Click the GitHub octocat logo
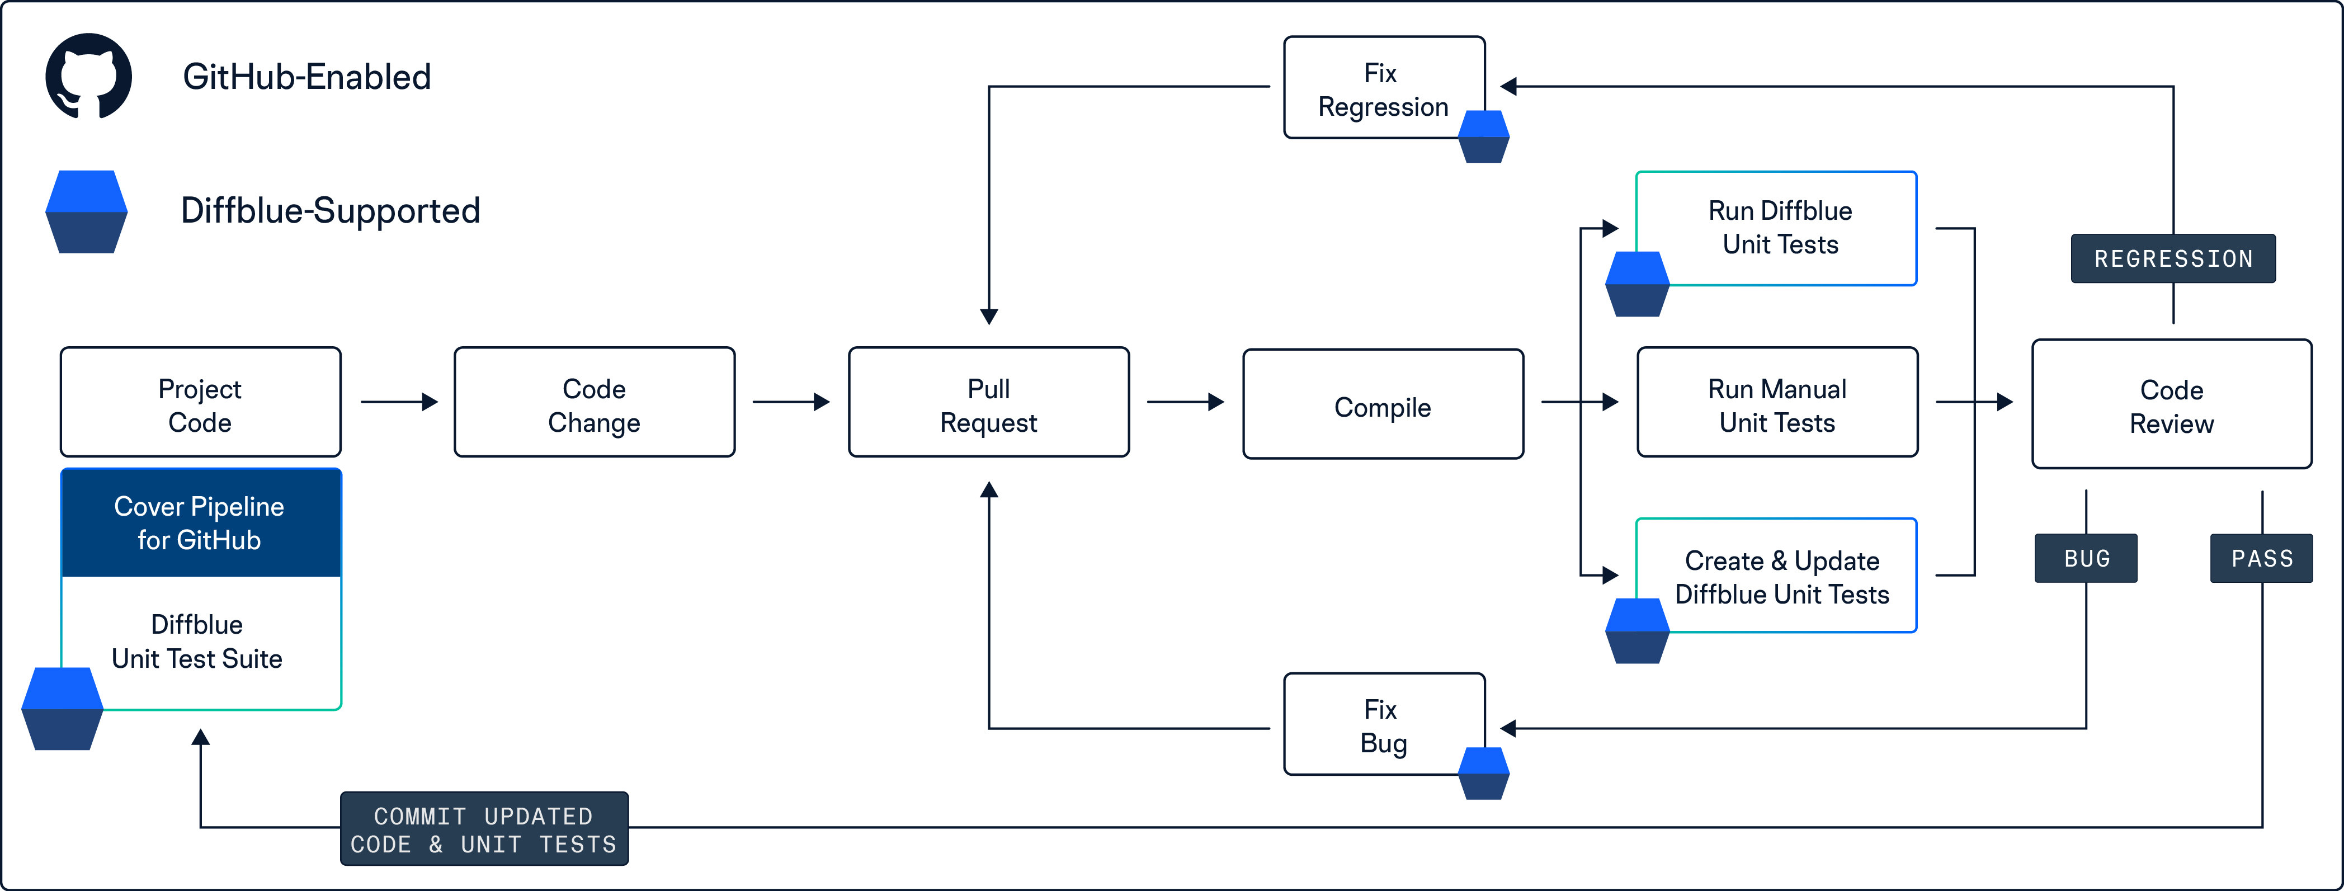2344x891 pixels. click(88, 77)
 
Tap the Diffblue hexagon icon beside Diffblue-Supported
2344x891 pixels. click(87, 211)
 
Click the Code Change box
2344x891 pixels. click(594, 402)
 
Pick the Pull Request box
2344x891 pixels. click(989, 402)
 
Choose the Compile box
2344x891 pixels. click(1383, 404)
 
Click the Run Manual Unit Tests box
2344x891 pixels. click(1777, 402)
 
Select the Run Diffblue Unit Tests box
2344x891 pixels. click(1777, 228)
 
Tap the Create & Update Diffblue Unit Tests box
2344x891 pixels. click(1777, 575)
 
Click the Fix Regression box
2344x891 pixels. click(1384, 87)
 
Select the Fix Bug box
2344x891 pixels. click(1384, 724)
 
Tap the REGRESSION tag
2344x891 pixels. click(2173, 258)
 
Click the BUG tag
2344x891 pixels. click(2086, 558)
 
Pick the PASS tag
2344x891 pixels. click(2261, 558)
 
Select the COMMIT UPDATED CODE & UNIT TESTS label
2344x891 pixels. click(484, 829)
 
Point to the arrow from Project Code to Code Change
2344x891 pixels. click(399, 402)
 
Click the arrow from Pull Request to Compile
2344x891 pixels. click(1186, 402)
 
